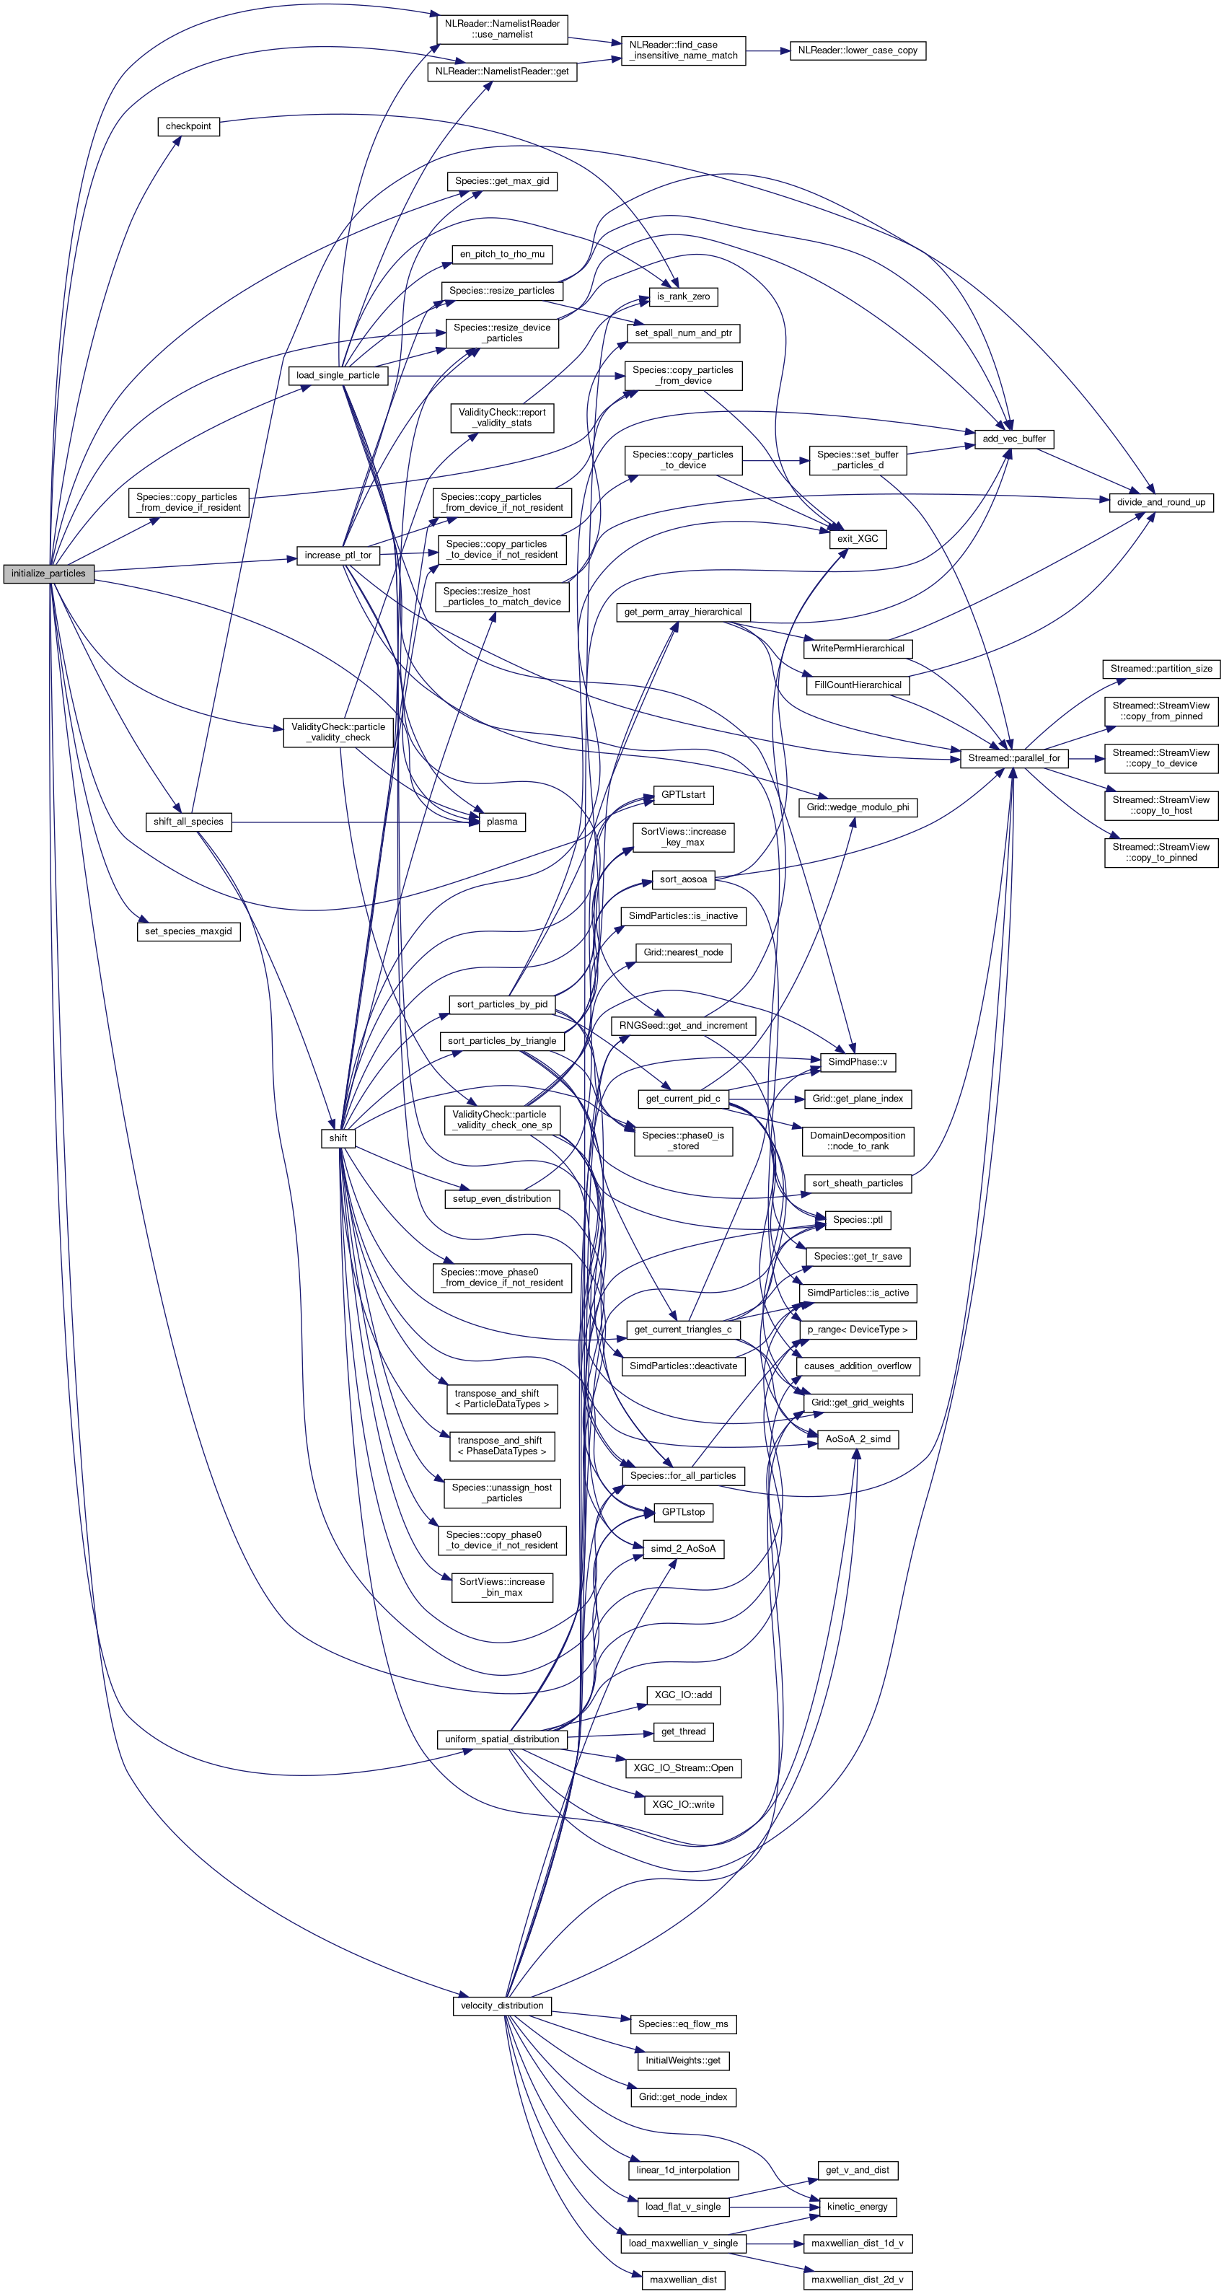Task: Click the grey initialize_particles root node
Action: point(48,573)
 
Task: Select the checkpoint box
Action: point(188,126)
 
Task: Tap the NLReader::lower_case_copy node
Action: point(858,50)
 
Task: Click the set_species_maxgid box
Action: point(188,931)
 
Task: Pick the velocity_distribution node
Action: point(501,2005)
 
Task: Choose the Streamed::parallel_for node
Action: point(1013,759)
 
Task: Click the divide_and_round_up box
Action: point(1161,502)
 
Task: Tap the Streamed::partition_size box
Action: point(1161,669)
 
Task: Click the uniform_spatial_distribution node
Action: point(501,1739)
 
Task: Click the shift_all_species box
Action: point(188,822)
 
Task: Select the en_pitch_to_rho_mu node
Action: point(501,255)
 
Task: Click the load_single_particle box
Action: point(338,376)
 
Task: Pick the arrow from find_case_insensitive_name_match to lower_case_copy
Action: point(767,50)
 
